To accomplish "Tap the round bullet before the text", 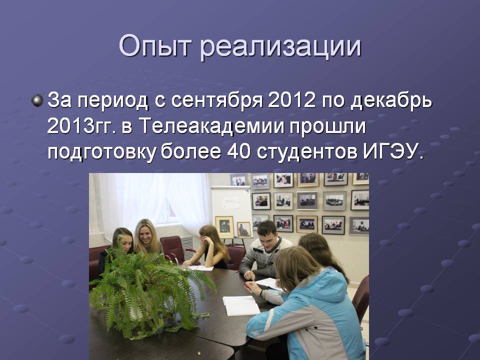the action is pyautogui.click(x=37, y=100).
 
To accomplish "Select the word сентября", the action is pyautogui.click(x=216, y=100).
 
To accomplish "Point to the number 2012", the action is pyautogui.click(x=291, y=99).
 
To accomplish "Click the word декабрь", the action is pyautogui.click(x=391, y=100).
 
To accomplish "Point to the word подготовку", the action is pyautogui.click(x=101, y=152).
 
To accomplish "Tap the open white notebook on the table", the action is pyautogui.click(x=241, y=305).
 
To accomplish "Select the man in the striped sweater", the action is pyautogui.click(x=265, y=249).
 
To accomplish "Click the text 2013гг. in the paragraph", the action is pyautogui.click(x=81, y=126).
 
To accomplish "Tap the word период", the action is pyautogui.click(x=112, y=101).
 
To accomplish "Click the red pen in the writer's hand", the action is pyautogui.click(x=247, y=285).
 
